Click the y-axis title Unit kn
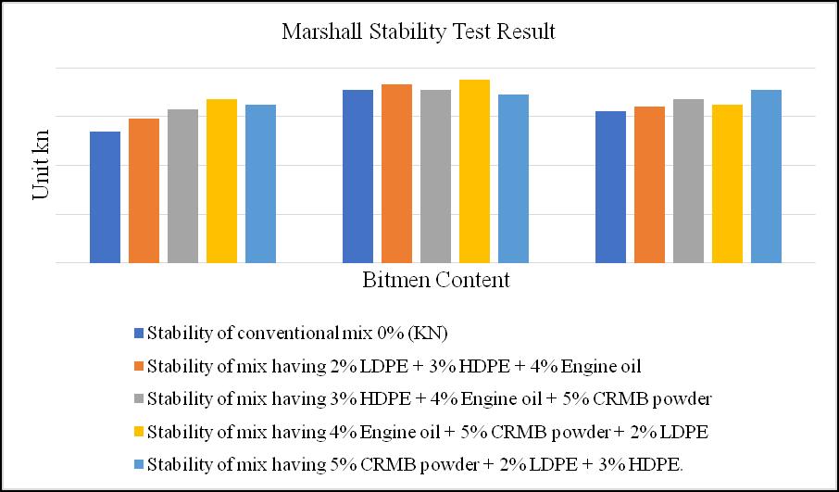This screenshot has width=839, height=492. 41,165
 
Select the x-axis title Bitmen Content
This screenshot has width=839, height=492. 436,280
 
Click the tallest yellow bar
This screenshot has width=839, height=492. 475,171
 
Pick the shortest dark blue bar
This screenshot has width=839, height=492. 105,197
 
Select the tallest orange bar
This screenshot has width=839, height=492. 396,173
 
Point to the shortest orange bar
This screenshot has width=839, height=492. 144,191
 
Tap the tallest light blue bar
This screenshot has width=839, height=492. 766,176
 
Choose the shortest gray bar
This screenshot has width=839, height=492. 183,186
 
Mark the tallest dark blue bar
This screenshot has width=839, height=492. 358,176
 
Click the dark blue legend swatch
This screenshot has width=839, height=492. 139,334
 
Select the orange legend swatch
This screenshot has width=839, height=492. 139,366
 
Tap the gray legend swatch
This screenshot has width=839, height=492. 139,398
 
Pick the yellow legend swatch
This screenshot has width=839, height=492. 139,432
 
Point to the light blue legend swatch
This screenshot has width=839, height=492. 139,465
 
